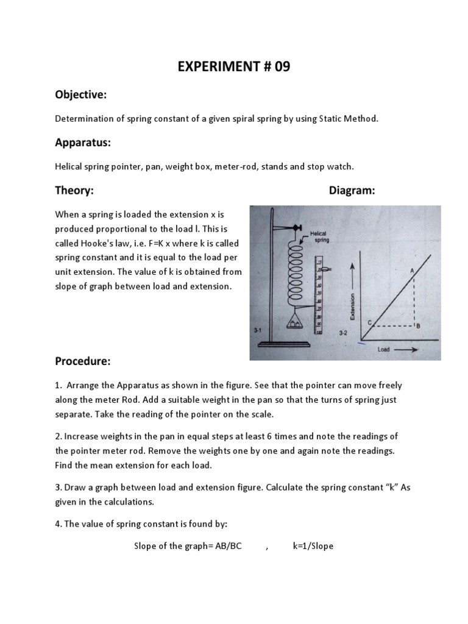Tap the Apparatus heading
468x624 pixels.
pos(83,143)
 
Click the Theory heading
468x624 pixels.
pos(74,191)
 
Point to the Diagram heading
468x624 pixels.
pos(352,191)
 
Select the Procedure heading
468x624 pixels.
pos(83,361)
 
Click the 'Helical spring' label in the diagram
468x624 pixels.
pos(320,236)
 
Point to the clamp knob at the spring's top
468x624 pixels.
pos(298,228)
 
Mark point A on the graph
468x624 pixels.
pos(413,270)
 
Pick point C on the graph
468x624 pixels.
pos(369,322)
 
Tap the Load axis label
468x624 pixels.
pos(383,350)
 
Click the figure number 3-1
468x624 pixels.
pos(257,330)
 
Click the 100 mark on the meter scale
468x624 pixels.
pos(317,334)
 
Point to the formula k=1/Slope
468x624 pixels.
pos(313,546)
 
